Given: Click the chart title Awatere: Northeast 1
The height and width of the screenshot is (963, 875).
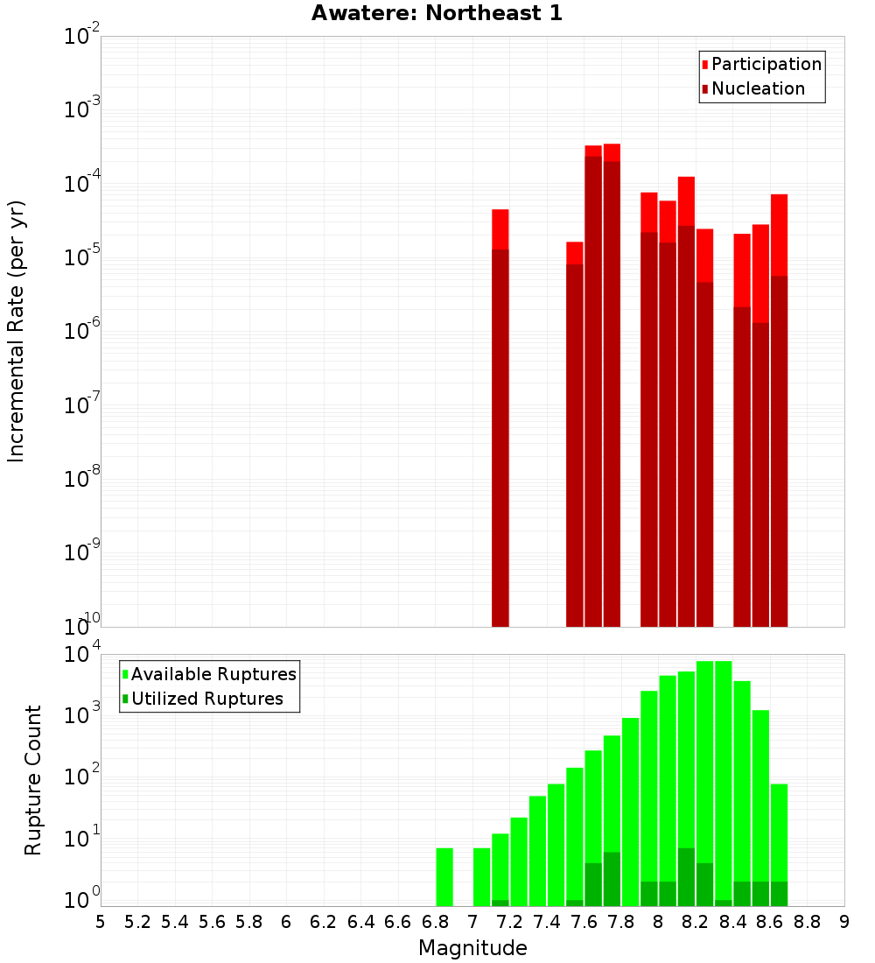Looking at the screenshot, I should (x=437, y=14).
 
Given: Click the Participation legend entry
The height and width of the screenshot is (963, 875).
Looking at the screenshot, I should (x=766, y=64).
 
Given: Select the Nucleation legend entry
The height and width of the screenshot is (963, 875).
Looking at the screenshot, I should (x=758, y=88).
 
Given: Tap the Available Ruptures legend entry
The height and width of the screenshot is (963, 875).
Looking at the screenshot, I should (x=213, y=674).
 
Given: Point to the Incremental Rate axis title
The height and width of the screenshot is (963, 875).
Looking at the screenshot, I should (x=17, y=331).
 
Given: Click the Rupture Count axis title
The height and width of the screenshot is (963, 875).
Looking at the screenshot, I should (x=33, y=779).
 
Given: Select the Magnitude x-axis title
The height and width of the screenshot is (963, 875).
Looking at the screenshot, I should (x=472, y=947).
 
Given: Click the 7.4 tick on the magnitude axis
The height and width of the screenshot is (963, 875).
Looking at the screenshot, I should (x=547, y=921).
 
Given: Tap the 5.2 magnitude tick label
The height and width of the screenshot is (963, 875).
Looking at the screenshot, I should (x=138, y=921).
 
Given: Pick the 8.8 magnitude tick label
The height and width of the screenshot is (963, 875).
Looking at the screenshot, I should (x=807, y=921).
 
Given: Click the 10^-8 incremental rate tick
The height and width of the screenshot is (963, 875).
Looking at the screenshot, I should (x=82, y=479).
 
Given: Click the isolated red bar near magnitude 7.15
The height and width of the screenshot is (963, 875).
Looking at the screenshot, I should (x=500, y=420).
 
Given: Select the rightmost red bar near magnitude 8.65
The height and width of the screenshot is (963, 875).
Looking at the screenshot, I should (x=780, y=411).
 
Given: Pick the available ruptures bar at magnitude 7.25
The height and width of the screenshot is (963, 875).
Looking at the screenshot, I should (x=519, y=862).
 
